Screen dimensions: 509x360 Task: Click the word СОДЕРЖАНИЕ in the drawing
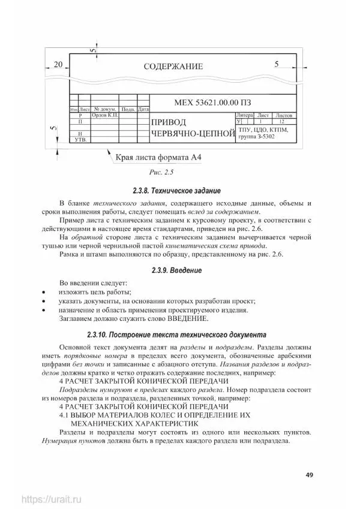[173, 67]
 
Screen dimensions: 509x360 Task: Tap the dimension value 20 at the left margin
[58, 64]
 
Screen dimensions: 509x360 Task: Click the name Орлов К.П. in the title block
[104, 115]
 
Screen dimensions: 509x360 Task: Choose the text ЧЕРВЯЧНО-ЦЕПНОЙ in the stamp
[192, 134]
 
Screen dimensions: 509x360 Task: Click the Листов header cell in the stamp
[284, 115]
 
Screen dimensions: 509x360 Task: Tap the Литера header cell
[245, 115]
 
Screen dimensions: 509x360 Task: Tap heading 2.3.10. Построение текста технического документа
[181, 335]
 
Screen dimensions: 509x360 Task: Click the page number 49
[309, 475]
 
